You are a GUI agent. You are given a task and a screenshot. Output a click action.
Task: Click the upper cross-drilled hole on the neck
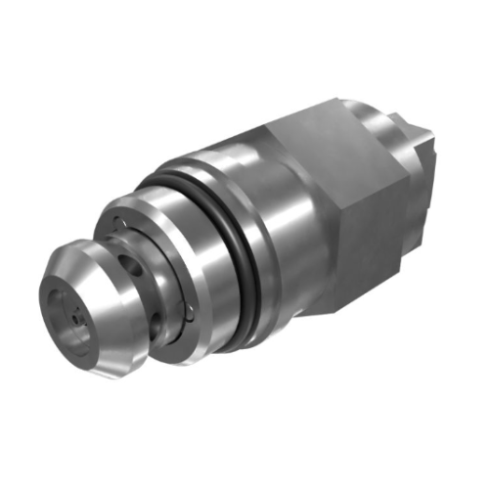pos(125,263)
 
